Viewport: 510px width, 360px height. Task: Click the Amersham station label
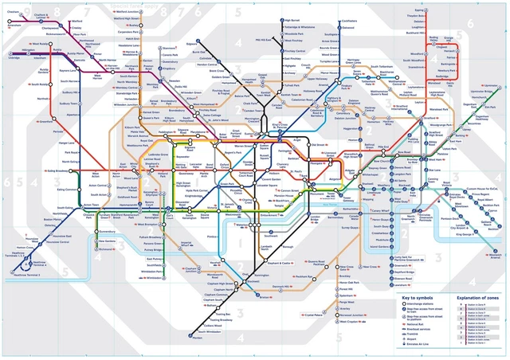point(14,25)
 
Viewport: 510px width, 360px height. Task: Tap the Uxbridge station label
point(14,57)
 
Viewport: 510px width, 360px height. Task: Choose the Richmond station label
point(105,249)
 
